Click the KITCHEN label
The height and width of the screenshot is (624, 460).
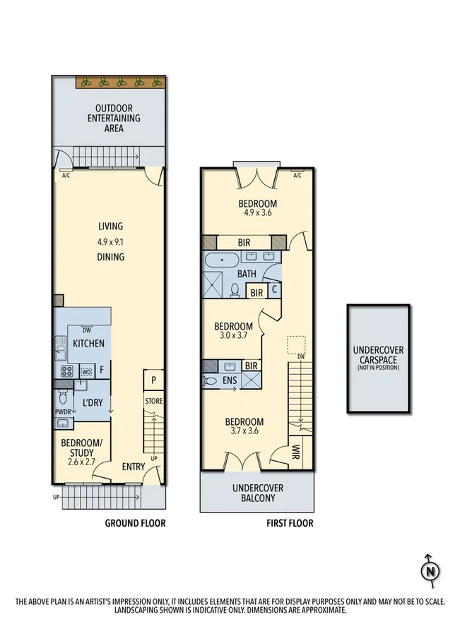click(88, 344)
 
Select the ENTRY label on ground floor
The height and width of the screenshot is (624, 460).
click(134, 466)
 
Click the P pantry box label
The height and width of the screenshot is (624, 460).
click(153, 380)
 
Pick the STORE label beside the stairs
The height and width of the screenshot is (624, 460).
click(153, 401)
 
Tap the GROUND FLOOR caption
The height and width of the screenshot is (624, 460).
click(135, 523)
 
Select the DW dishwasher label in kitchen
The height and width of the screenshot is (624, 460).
click(86, 330)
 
